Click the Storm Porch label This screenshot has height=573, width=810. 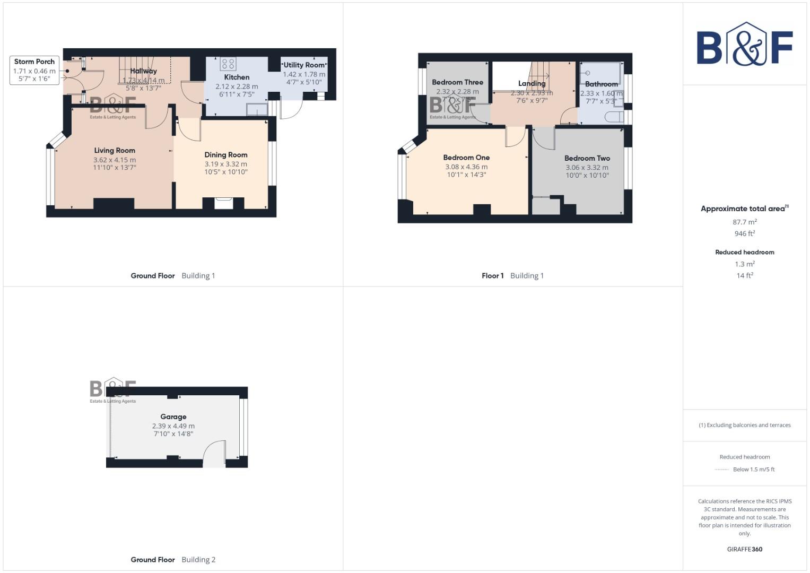pos(34,62)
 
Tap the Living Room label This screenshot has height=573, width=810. pos(115,151)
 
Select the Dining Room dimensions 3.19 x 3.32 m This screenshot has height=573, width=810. pos(226,164)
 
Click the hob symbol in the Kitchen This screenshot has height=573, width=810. pos(228,64)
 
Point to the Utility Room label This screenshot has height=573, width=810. pos(304,65)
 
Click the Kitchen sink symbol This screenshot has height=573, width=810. pos(257,109)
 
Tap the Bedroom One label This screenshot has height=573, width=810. pos(466,158)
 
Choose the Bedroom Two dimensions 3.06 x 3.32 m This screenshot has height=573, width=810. pos(587,167)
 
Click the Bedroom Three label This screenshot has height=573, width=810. pos(457,82)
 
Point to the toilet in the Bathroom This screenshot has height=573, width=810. pos(617,117)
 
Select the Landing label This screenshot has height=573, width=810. pos(532,83)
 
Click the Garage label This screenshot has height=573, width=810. pos(173,417)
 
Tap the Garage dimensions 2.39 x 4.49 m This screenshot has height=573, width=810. pos(173,426)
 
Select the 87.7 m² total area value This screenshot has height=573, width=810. pos(744,222)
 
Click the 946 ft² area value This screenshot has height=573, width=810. pos(744,233)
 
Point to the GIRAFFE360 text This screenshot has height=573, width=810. pos(744,549)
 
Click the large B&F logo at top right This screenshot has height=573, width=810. pos(744,46)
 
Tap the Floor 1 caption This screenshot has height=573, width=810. pos(492,276)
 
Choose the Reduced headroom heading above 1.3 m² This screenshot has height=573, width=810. pos(744,252)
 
